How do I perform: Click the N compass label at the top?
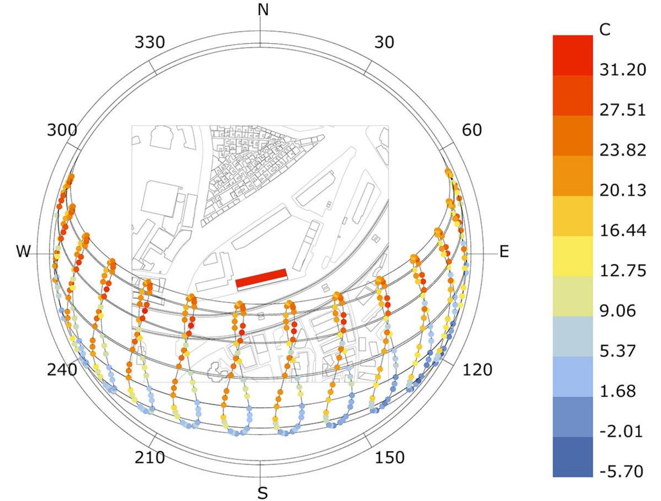click(x=263, y=9)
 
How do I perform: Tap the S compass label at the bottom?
click(x=263, y=493)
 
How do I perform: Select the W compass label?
click(x=23, y=252)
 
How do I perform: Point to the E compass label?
click(x=504, y=252)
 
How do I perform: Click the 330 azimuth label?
click(x=150, y=42)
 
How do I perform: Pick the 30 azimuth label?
click(x=384, y=42)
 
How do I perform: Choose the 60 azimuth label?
click(x=472, y=130)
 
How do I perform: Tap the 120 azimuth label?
click(x=477, y=370)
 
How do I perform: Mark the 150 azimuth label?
click(x=390, y=457)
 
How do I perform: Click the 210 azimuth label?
click(x=150, y=457)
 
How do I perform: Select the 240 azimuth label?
click(x=62, y=370)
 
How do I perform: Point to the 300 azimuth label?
click(x=62, y=130)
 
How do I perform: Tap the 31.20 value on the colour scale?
click(x=623, y=69)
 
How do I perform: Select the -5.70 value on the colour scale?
click(x=621, y=471)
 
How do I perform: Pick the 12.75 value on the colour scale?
click(x=623, y=270)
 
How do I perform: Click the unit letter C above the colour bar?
click(x=605, y=30)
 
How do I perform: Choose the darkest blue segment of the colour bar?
click(x=572, y=457)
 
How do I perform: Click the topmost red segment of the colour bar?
click(x=572, y=55)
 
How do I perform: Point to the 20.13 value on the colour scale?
click(x=623, y=190)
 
